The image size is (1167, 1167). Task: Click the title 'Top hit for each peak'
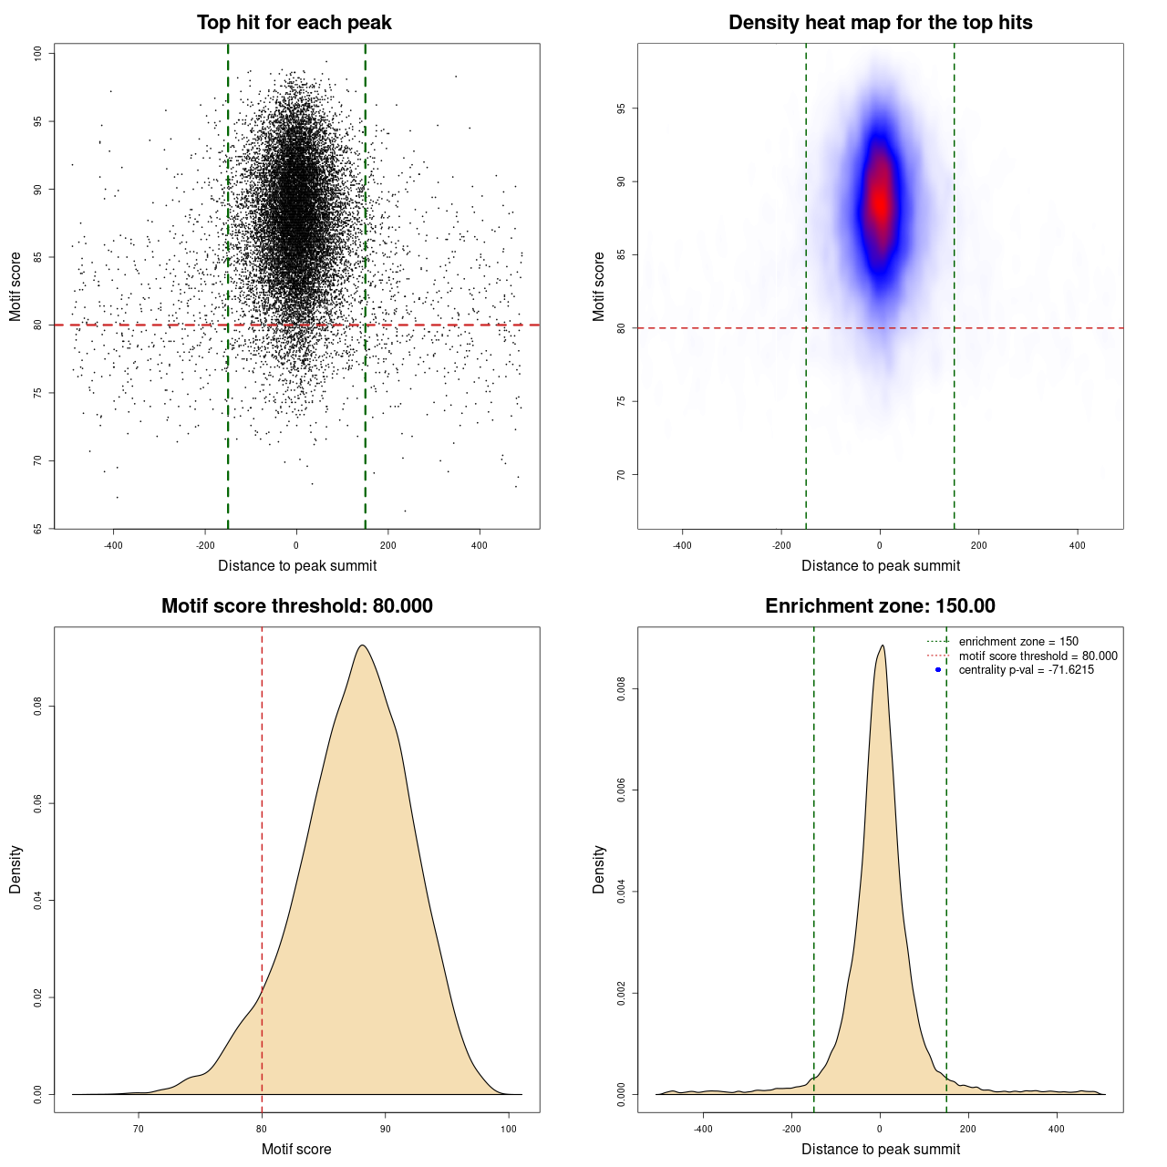(x=294, y=23)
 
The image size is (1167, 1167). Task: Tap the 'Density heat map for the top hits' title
(x=880, y=23)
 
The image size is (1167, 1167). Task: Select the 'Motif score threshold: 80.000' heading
(x=296, y=606)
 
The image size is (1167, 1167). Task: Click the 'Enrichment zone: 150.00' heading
(x=880, y=606)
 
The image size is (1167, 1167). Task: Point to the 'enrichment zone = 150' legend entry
(x=1017, y=642)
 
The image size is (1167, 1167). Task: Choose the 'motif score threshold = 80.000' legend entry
(x=1038, y=656)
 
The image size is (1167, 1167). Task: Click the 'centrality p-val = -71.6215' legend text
(x=1026, y=670)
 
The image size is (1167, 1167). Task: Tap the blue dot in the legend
(x=938, y=670)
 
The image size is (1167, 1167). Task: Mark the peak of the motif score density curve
(x=363, y=645)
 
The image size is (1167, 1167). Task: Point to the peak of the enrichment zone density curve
(x=882, y=645)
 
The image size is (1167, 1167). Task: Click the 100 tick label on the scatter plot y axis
(x=38, y=53)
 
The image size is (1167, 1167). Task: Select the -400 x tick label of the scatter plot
(x=113, y=545)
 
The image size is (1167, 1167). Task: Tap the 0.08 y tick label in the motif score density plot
(x=38, y=707)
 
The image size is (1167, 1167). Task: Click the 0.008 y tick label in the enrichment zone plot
(x=622, y=690)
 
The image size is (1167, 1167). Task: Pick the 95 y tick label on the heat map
(x=622, y=108)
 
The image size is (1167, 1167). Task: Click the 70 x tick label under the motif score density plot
(x=139, y=1129)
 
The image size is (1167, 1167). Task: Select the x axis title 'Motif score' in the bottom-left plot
(x=296, y=1149)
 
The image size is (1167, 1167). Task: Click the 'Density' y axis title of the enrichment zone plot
(x=599, y=869)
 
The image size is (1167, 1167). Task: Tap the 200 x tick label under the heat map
(x=978, y=545)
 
